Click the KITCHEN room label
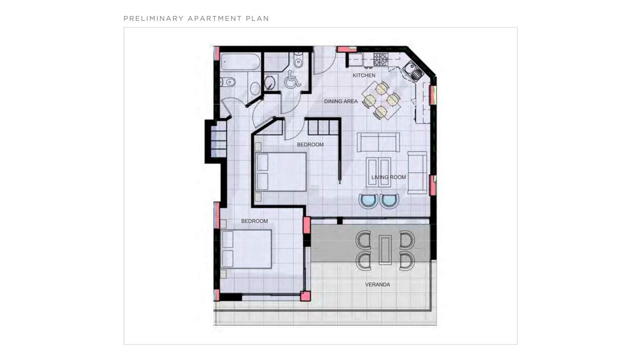click(x=364, y=75)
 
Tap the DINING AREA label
click(x=341, y=101)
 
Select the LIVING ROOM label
click(x=389, y=177)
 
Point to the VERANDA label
click(x=377, y=285)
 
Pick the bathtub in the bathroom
click(x=240, y=62)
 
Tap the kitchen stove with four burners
click(x=381, y=59)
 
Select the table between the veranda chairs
click(x=385, y=250)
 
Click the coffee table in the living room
click(x=378, y=172)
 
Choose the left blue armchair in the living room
click(x=368, y=201)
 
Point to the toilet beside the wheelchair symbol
click(x=298, y=60)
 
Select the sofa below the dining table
click(x=378, y=142)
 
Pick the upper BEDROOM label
click(x=310, y=144)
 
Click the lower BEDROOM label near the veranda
click(x=254, y=221)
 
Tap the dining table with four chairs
click(x=382, y=100)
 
